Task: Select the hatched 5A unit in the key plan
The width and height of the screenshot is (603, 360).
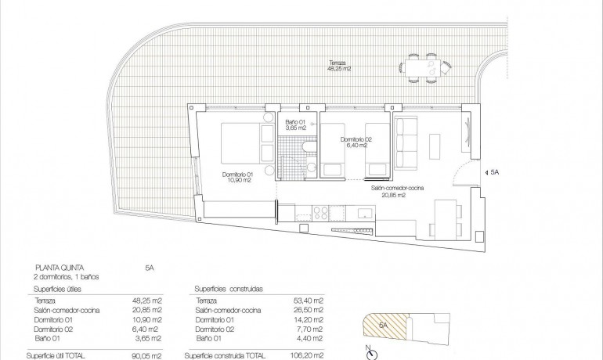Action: click(x=384, y=325)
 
